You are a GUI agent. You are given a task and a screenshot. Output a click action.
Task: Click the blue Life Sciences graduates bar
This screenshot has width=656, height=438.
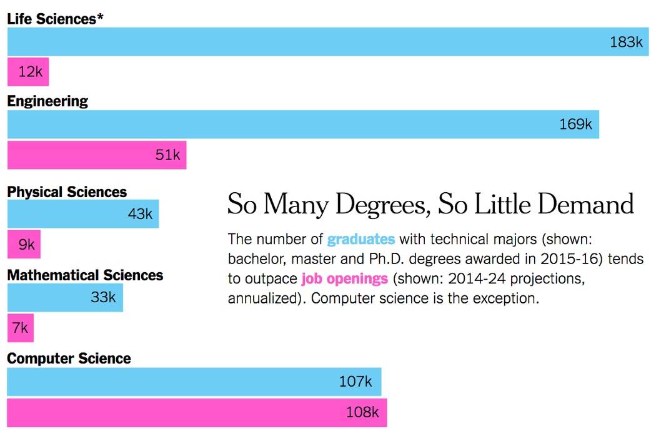click(312, 42)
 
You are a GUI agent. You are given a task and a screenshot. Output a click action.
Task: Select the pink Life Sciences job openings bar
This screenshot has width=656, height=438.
click(27, 72)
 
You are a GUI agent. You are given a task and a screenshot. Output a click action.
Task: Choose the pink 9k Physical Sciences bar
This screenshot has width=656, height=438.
click(24, 245)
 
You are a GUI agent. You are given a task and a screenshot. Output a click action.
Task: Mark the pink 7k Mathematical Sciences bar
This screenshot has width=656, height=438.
click(20, 328)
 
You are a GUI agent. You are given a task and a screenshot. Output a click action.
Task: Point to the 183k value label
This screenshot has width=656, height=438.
click(626, 42)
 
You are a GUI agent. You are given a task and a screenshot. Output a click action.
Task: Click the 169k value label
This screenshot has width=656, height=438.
click(575, 125)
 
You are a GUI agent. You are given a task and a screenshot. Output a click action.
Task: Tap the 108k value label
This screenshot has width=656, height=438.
click(362, 412)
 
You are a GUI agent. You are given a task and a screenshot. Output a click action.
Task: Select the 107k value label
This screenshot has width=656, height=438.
click(355, 382)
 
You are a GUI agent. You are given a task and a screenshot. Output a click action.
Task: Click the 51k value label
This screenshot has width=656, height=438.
click(167, 155)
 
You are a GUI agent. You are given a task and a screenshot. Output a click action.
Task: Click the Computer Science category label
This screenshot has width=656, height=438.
click(69, 359)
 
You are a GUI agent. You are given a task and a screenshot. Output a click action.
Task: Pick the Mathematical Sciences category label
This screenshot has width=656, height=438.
click(85, 275)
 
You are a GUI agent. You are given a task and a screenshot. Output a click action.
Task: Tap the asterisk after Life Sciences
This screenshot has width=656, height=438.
click(100, 17)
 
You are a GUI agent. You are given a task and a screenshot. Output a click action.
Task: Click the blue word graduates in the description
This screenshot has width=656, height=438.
click(361, 239)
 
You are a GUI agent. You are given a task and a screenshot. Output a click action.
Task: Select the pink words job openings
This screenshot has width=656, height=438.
click(344, 278)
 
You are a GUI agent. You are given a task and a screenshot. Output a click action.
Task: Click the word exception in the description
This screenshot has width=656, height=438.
click(508, 298)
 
